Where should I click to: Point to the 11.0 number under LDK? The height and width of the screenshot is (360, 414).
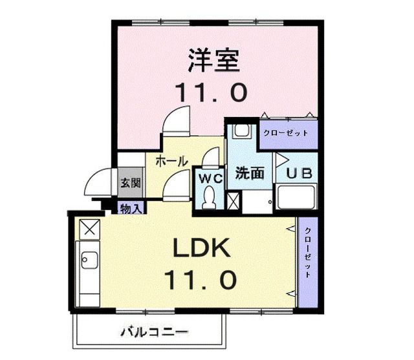[199, 280]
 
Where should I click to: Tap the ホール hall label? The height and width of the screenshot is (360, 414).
[171, 160]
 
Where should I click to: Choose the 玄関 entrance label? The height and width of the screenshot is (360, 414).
[130, 183]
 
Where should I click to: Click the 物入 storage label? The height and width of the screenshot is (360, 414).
[132, 207]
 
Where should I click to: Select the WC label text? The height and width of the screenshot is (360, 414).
[211, 178]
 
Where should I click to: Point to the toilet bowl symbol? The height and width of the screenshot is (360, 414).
[210, 200]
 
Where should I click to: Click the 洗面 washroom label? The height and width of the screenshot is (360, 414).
[248, 173]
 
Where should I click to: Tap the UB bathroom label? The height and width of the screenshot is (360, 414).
[299, 173]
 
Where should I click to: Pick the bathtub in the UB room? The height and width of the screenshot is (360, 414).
[296, 197]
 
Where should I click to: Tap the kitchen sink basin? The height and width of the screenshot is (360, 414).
[88, 261]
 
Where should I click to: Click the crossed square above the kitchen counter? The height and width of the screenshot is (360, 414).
[89, 228]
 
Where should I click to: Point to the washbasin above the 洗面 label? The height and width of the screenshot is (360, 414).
[242, 132]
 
